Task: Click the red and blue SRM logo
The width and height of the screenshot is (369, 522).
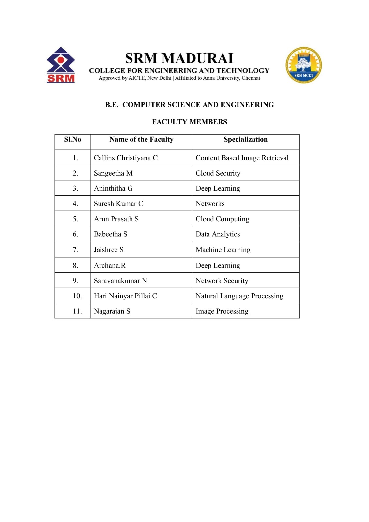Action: [x=61, y=65]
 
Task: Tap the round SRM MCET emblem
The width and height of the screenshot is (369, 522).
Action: [x=303, y=65]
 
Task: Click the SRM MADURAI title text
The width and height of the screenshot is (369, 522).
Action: [x=179, y=58]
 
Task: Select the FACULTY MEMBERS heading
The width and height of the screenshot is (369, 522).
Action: [x=189, y=122]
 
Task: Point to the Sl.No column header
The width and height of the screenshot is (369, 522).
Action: [x=72, y=139]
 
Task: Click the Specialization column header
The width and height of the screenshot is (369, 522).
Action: [x=245, y=139]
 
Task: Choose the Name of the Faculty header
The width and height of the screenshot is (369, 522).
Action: [x=141, y=139]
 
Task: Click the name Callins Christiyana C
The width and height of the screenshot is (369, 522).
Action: [x=126, y=158]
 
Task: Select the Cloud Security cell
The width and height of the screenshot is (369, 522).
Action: [x=218, y=173]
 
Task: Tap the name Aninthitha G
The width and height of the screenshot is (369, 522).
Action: [x=113, y=188]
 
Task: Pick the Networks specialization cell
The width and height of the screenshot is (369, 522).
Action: [x=210, y=204]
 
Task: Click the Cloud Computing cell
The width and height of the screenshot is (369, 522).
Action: [x=222, y=219]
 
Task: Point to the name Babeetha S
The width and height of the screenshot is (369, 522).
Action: [x=110, y=234]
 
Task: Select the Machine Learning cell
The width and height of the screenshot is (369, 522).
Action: [x=223, y=250]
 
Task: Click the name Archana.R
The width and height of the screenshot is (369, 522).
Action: [x=110, y=266]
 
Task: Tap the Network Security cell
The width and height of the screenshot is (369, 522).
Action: [x=222, y=281]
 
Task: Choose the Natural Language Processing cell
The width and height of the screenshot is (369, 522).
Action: [x=239, y=296]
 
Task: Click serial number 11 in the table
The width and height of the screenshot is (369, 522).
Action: [x=77, y=311]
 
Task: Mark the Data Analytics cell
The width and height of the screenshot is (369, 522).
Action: [x=218, y=234]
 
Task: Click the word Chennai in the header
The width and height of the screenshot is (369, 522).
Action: [x=251, y=78]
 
